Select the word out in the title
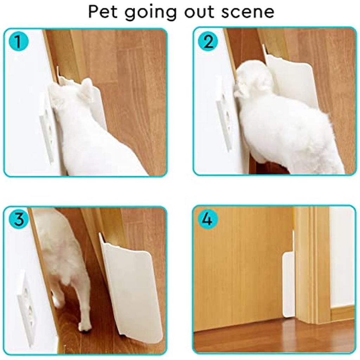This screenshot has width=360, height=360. click(x=199, y=12)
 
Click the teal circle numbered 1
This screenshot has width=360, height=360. click(x=19, y=41)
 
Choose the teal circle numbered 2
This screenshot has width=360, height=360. click(x=208, y=41)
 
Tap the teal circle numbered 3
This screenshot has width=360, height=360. click(x=19, y=219)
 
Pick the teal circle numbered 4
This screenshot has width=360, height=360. click(x=207, y=219)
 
